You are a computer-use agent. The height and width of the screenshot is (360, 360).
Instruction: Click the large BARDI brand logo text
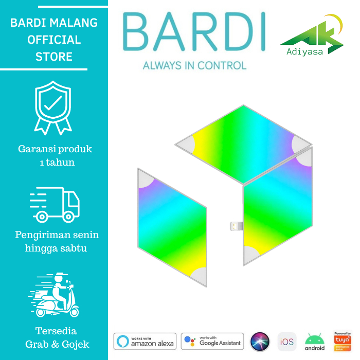(x=194, y=32)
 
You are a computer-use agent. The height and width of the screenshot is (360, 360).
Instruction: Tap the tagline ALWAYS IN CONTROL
(x=194, y=65)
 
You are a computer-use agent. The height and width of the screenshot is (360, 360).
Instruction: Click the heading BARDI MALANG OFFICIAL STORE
(x=53, y=40)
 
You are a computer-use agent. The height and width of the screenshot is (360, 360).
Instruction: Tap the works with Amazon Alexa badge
(x=145, y=341)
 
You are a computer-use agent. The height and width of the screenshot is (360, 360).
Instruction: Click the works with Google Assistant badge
(x=212, y=341)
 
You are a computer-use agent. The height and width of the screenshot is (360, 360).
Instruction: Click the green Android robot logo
(x=314, y=341)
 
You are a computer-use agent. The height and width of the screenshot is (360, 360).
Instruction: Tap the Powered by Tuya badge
(x=343, y=341)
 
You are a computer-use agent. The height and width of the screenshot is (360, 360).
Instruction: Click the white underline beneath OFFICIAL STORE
(x=44, y=69)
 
